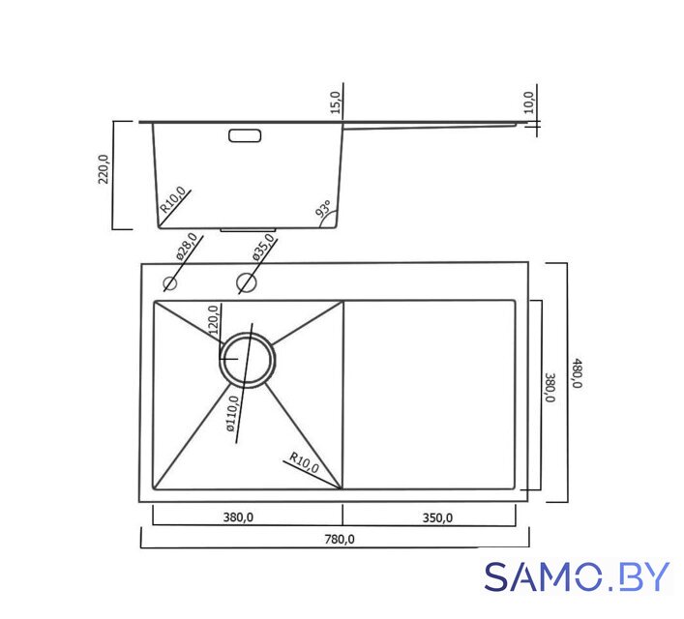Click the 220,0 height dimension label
pos(104,169)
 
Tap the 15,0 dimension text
pos(335,103)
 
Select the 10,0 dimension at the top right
pos(528,103)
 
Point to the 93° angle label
pos(324,209)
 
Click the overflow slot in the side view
pos(245,135)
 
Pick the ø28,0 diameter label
pos(187,247)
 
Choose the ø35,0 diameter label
pos(263,247)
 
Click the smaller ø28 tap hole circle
pos(169,283)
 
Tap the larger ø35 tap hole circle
pos(247,282)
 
